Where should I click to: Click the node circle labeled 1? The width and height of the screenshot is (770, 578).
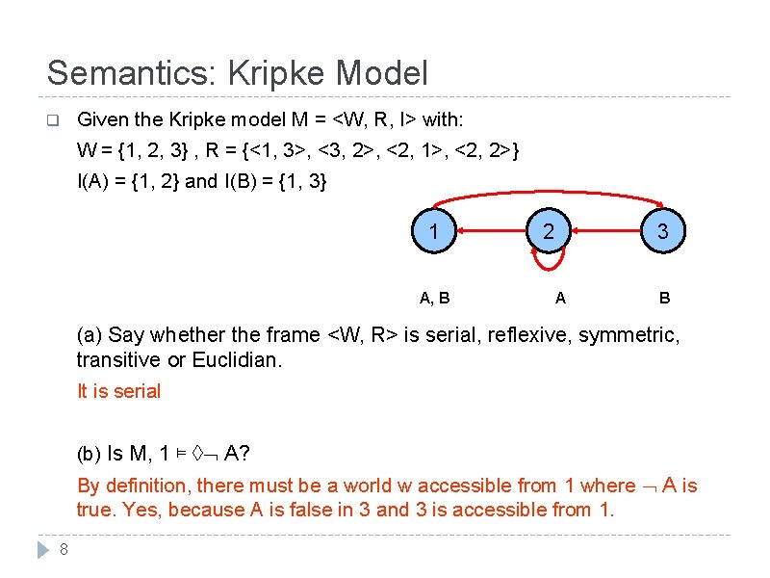click(435, 231)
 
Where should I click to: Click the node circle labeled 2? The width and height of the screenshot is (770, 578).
click(549, 231)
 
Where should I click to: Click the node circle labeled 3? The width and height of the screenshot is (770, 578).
click(662, 231)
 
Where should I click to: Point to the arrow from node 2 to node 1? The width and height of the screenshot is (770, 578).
click(491, 231)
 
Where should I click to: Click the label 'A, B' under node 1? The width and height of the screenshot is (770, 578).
click(435, 298)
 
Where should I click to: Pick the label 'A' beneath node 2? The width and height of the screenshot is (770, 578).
click(560, 298)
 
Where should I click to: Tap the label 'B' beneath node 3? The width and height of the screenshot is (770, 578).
click(664, 298)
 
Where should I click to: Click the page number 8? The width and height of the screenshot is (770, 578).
click(63, 550)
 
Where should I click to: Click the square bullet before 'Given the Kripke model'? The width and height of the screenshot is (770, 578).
click(53, 121)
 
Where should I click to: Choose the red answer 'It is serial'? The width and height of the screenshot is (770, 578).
click(118, 391)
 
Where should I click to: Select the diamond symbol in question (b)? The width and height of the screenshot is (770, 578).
click(197, 454)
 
